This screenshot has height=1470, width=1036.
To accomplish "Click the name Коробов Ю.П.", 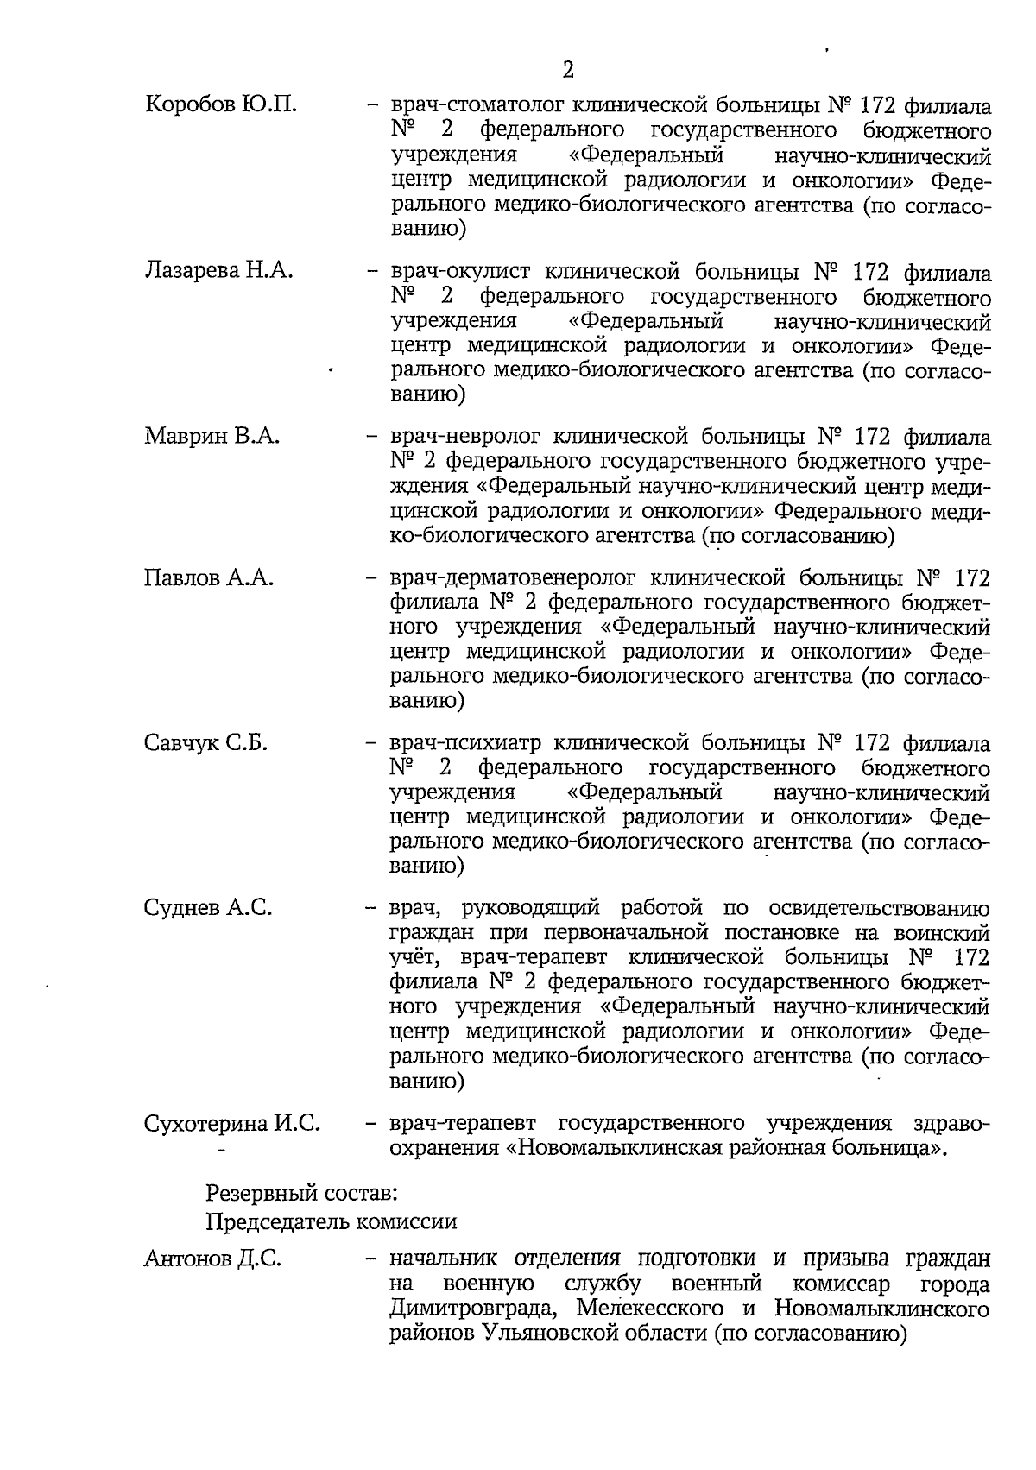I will coord(221,105).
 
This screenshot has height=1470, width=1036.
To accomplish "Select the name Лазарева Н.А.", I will coord(219,271).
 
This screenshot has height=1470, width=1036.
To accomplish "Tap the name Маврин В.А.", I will coord(212,436).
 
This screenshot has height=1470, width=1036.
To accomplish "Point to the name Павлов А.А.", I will coord(209,577).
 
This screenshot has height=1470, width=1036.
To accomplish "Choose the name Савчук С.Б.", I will coord(206,742).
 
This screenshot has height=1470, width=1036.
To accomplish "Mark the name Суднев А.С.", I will coord(208,907).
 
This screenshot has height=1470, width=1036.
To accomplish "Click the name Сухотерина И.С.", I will coord(232,1123).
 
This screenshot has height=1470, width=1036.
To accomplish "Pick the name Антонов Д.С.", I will coord(212,1259).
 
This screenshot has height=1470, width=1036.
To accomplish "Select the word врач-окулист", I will coord(455,272).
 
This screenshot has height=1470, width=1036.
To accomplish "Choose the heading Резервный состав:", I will coord(301,1195).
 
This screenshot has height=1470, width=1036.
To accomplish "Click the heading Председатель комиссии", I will coord(332,1222).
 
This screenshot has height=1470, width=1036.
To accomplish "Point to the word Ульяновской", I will coord(579,1334).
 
